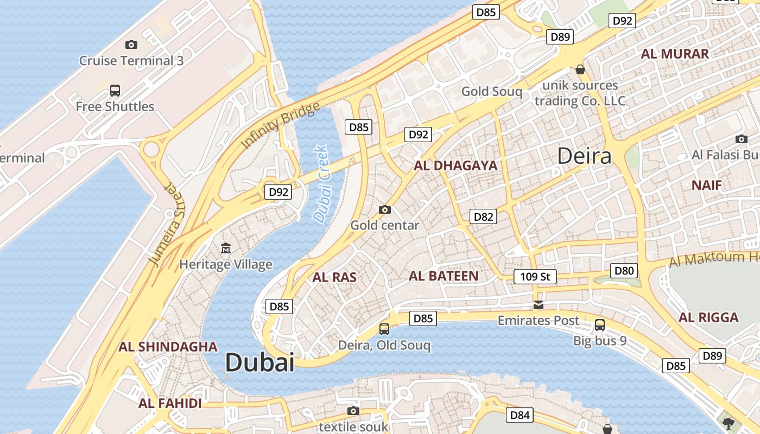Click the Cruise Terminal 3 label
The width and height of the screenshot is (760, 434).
tap(131, 61)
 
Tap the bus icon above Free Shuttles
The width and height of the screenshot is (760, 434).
tap(115, 91)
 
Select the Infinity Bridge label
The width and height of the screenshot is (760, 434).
tap(280, 125)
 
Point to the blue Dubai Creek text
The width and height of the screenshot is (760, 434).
tap(322, 184)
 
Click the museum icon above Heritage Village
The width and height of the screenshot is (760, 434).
tap(226, 248)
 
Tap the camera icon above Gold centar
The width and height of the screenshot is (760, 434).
tap(384, 209)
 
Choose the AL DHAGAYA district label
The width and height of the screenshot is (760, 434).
tap(455, 166)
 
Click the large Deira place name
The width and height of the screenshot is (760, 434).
tap(585, 156)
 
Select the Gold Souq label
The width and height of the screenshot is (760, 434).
tap(491, 91)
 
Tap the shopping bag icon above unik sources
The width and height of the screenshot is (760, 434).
tap(580, 70)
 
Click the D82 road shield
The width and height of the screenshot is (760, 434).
tap(483, 217)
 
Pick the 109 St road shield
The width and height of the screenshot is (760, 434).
tap(535, 277)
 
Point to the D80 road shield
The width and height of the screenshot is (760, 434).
tap(624, 271)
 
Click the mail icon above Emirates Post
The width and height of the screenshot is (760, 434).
tap(538, 304)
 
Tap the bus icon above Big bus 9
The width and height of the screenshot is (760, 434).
tap(600, 324)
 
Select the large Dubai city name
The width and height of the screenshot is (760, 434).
tap(259, 362)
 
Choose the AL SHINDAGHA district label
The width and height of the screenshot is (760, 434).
tap(168, 347)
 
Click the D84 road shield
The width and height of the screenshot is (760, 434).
tap(520, 416)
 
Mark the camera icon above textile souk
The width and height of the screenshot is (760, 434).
tap(353, 411)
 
